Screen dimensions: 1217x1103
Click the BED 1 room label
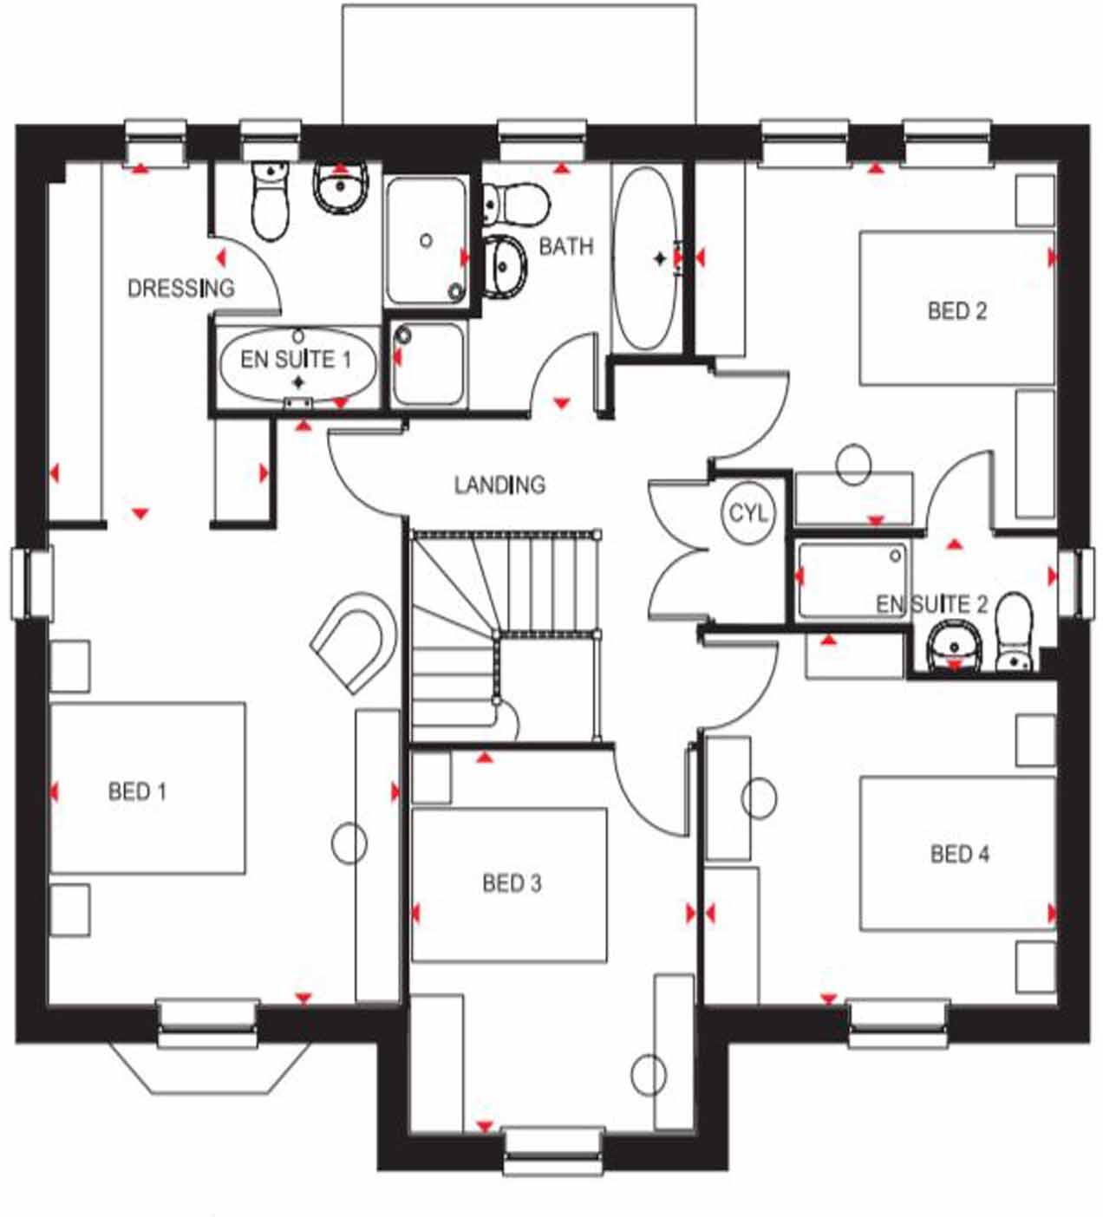point(137,791)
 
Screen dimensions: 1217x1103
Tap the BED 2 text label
point(956,310)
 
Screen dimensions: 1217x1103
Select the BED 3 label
point(512,883)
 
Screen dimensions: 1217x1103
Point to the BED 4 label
point(959,854)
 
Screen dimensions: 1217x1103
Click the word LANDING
point(499,484)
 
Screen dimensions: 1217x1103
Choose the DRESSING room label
point(180,288)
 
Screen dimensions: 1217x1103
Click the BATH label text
point(566,246)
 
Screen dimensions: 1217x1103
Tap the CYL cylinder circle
point(747,514)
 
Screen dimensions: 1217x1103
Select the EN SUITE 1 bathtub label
point(296,359)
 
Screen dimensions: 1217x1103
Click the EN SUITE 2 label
point(931,604)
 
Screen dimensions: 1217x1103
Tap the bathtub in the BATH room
point(646,258)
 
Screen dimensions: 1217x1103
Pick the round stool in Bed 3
point(649,1076)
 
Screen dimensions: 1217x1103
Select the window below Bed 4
point(897,1024)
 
